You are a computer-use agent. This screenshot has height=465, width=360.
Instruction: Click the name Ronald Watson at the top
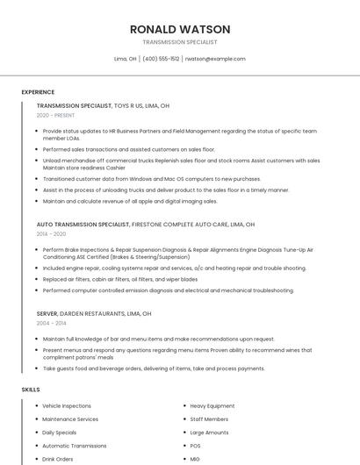179,29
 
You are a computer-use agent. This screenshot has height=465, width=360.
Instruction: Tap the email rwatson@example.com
215,59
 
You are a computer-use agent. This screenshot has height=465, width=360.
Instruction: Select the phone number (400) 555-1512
161,59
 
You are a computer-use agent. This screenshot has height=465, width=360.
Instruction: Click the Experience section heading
38,92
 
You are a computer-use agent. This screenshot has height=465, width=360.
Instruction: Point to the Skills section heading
31,389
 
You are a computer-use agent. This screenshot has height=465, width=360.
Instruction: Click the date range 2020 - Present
55,115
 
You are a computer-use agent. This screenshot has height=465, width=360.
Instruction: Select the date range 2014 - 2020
51,234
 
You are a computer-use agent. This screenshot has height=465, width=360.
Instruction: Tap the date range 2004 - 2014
51,323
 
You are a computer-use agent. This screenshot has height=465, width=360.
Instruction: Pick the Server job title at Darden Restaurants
47,313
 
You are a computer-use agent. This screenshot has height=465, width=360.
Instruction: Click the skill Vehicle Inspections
67,406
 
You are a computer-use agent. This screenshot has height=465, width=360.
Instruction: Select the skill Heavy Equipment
212,406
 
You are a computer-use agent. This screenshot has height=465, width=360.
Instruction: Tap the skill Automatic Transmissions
74,446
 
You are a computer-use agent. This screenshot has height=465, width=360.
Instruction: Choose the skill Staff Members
209,419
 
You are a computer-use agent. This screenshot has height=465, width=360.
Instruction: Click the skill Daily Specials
60,433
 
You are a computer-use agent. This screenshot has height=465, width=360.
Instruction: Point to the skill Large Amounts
209,433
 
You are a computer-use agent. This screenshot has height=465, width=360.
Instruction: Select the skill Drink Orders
58,459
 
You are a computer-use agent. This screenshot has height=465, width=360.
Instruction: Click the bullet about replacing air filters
119,279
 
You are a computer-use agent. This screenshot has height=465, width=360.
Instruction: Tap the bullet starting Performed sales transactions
128,149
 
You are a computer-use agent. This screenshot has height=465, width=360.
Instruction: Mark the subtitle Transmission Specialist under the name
179,42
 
